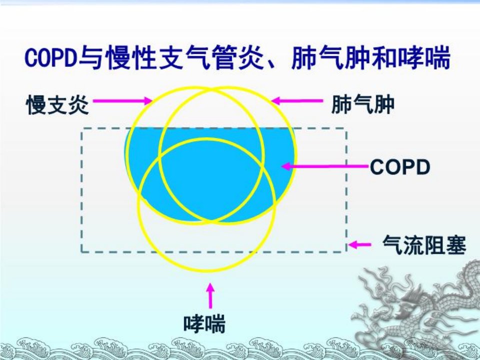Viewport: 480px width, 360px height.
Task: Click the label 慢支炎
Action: tap(58, 104)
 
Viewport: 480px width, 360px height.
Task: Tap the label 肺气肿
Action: tap(363, 104)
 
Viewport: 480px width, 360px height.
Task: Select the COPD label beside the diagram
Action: tap(400, 167)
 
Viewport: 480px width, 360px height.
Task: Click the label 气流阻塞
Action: tap(424, 245)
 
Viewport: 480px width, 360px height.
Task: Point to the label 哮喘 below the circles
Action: tap(204, 323)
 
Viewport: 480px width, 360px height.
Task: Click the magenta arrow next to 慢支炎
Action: tap(122, 100)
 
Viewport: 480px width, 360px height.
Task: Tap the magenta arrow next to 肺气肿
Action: tap(297, 100)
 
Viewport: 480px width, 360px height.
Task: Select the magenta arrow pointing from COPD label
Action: tap(324, 166)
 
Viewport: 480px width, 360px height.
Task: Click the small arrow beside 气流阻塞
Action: tap(359, 244)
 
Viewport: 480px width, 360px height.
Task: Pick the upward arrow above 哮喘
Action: tap(210, 295)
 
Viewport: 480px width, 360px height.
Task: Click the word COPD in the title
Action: tap(51, 57)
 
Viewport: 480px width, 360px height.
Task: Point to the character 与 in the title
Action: tap(91, 57)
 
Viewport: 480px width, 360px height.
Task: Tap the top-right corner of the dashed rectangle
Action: tap(346, 129)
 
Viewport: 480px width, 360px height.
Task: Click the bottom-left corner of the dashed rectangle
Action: tap(81, 252)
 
